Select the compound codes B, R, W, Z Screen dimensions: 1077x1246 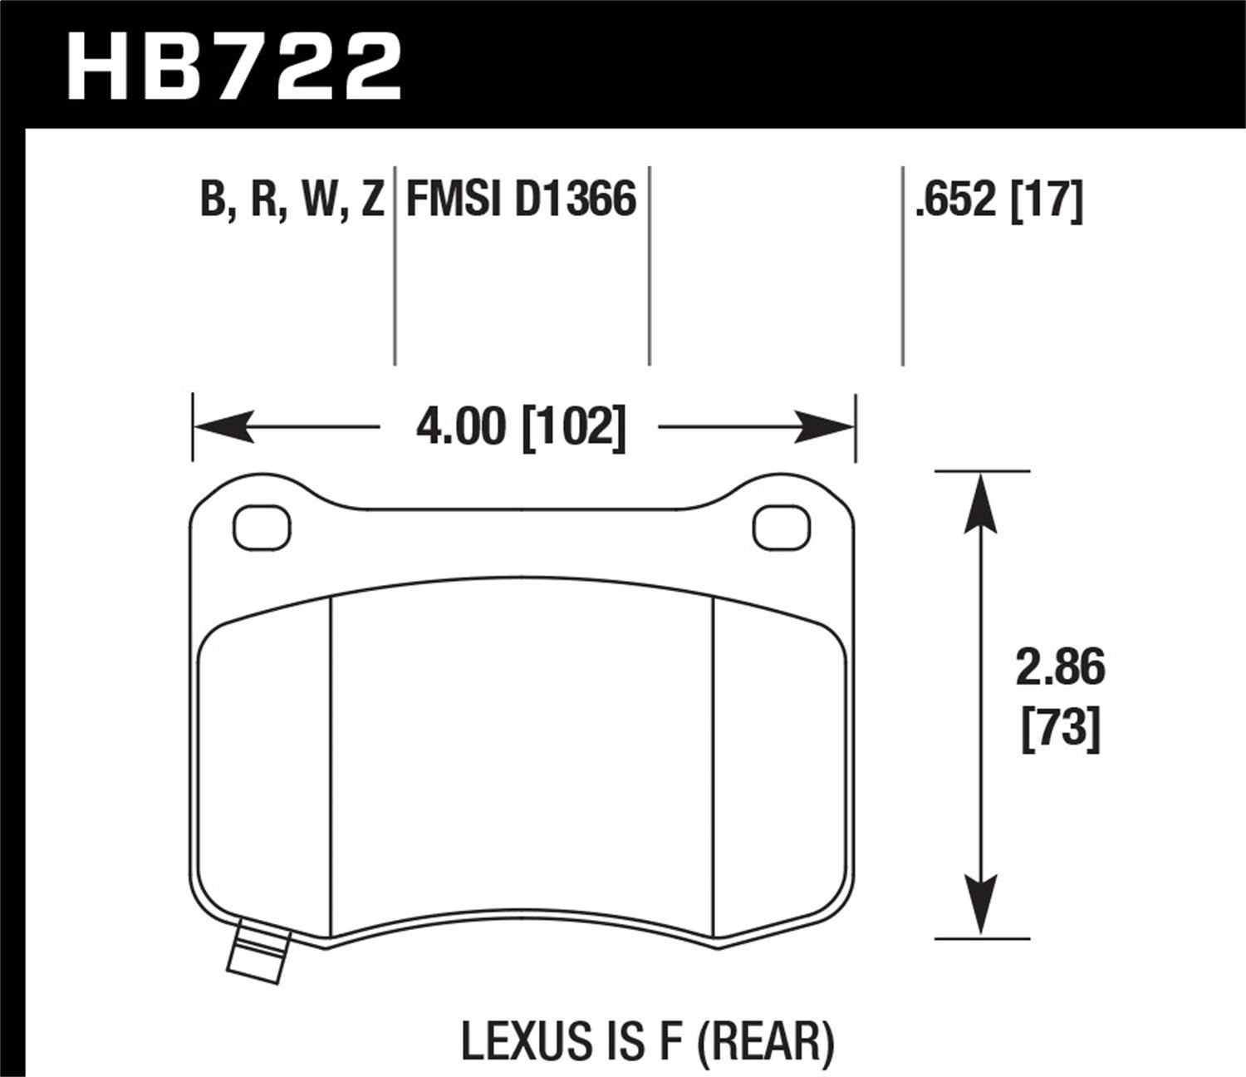pos(292,200)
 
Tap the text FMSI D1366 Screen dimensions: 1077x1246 pos(521,200)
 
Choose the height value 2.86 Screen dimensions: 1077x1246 pos(1061,668)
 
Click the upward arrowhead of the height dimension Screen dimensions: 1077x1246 pos(982,503)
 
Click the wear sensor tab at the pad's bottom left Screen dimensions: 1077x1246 pos(258,952)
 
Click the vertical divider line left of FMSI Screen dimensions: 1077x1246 pos(394,266)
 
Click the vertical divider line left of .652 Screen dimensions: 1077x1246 pos(903,266)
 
